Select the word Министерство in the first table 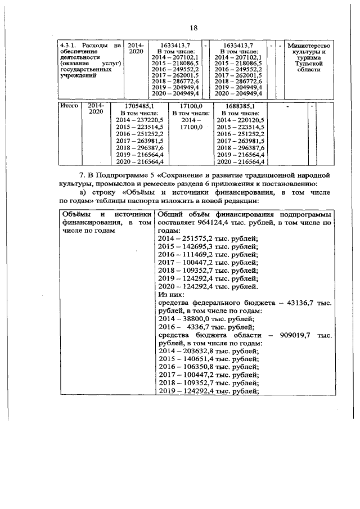(309, 46)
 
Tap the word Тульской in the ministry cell (309, 65)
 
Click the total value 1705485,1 (138, 106)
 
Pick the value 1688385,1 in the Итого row (239, 106)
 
